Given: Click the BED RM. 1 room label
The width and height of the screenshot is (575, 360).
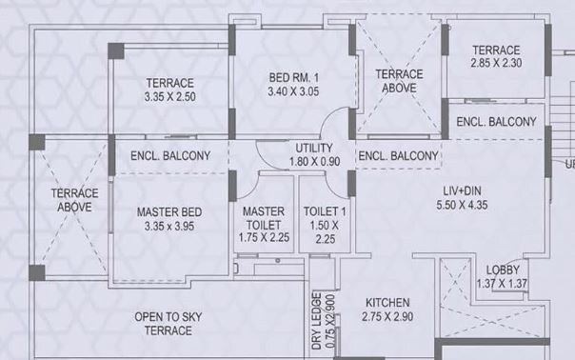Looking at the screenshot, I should (292, 77).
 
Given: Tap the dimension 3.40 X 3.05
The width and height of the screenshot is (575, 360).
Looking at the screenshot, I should (292, 92).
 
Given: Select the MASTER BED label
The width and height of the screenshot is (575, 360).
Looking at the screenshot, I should (168, 211).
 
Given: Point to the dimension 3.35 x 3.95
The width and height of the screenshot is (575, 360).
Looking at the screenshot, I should (168, 227).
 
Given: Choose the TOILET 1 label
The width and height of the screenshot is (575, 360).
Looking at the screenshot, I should (326, 211).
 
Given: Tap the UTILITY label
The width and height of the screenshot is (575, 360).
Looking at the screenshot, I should (313, 149).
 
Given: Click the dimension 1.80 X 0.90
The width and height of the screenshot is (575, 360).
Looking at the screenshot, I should (313, 163).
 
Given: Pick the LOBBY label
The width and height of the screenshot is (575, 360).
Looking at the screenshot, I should (502, 270).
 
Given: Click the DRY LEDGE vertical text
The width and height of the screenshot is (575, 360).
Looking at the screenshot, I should (317, 324).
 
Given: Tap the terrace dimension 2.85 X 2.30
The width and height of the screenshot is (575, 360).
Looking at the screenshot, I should (496, 64).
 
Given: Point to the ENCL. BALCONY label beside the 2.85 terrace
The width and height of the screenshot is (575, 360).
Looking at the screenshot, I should (496, 122).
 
